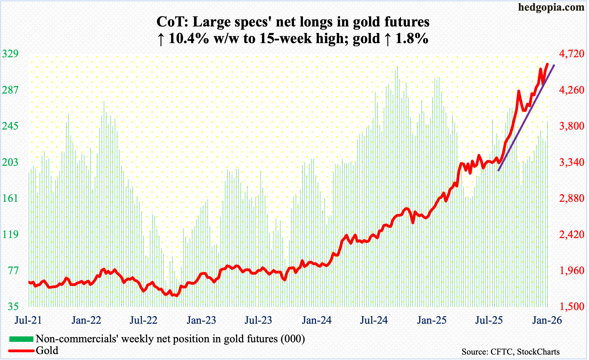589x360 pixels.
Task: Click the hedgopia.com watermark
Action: [551, 7]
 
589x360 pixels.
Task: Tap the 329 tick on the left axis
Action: [10, 54]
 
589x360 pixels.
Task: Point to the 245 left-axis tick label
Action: [10, 126]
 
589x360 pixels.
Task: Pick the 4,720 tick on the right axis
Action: [572, 54]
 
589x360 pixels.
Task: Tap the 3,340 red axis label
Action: [572, 162]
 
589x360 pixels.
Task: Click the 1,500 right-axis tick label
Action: [572, 307]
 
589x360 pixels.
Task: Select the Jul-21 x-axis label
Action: [28, 320]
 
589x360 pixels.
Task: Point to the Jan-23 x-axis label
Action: [201, 320]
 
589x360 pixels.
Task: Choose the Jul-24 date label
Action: [374, 320]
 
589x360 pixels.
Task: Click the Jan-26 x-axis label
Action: [547, 320]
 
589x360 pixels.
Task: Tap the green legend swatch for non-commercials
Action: [21, 339]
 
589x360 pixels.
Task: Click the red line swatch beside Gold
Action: [21, 351]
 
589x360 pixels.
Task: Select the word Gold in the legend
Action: [47, 351]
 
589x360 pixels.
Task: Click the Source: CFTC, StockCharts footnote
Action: [510, 352]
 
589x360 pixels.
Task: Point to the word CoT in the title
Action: [171, 22]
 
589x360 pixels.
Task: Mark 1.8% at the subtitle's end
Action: [412, 38]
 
